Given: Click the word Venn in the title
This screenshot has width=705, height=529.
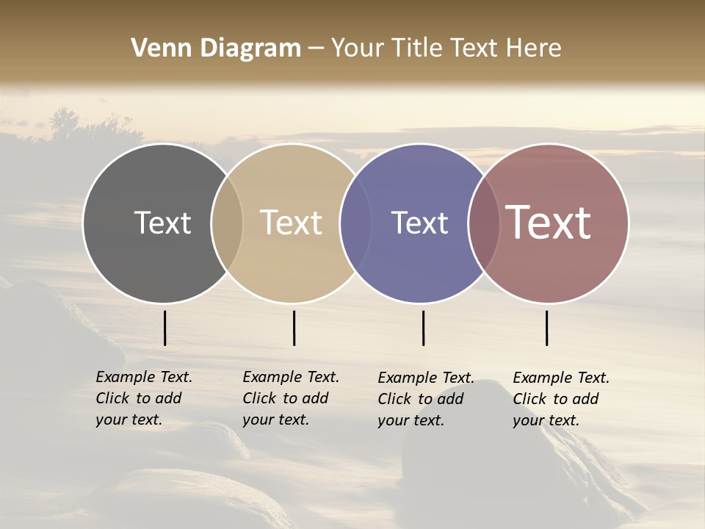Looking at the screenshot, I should point(156,48).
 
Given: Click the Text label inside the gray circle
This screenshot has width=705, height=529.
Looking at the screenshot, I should point(162,223).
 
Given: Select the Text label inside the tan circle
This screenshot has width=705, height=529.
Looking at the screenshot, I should point(292,223).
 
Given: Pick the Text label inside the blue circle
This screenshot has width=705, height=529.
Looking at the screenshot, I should point(419,223).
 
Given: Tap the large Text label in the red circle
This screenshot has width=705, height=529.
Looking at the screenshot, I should point(549,223).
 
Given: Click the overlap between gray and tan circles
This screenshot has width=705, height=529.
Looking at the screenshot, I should point(227,223).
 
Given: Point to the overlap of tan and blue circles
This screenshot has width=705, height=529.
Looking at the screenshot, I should point(355,223).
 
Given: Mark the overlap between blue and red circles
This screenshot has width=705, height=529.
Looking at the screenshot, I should point(484,223).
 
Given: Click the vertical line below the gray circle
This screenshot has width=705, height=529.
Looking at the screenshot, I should point(164,328).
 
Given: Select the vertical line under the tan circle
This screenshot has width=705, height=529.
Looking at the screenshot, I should point(294,328).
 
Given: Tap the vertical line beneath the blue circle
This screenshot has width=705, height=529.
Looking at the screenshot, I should point(423,328).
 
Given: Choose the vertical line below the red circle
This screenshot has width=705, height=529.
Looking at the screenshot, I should point(546,328).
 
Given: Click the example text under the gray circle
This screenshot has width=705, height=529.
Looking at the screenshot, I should point(143,398).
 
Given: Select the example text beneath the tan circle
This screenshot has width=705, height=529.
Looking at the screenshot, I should point(290,398).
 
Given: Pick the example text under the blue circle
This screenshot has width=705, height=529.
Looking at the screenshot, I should point(425,399).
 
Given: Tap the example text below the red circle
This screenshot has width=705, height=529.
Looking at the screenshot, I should point(560,399).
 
